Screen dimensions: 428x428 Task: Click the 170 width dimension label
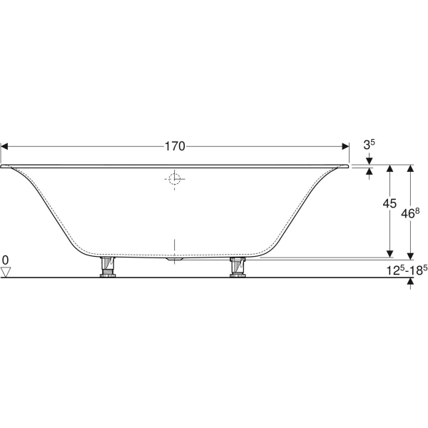175,146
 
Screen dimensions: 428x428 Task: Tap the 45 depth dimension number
389,203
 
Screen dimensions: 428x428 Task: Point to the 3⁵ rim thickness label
369,145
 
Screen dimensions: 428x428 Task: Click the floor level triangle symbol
6,272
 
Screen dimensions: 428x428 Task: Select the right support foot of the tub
238,267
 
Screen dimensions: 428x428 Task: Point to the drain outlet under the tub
175,260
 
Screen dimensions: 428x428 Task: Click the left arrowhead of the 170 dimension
4,146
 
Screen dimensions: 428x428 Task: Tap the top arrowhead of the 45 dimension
390,169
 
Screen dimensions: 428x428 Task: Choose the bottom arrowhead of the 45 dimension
390,253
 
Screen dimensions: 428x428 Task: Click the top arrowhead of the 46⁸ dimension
410,169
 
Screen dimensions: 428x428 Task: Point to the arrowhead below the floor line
410,282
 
